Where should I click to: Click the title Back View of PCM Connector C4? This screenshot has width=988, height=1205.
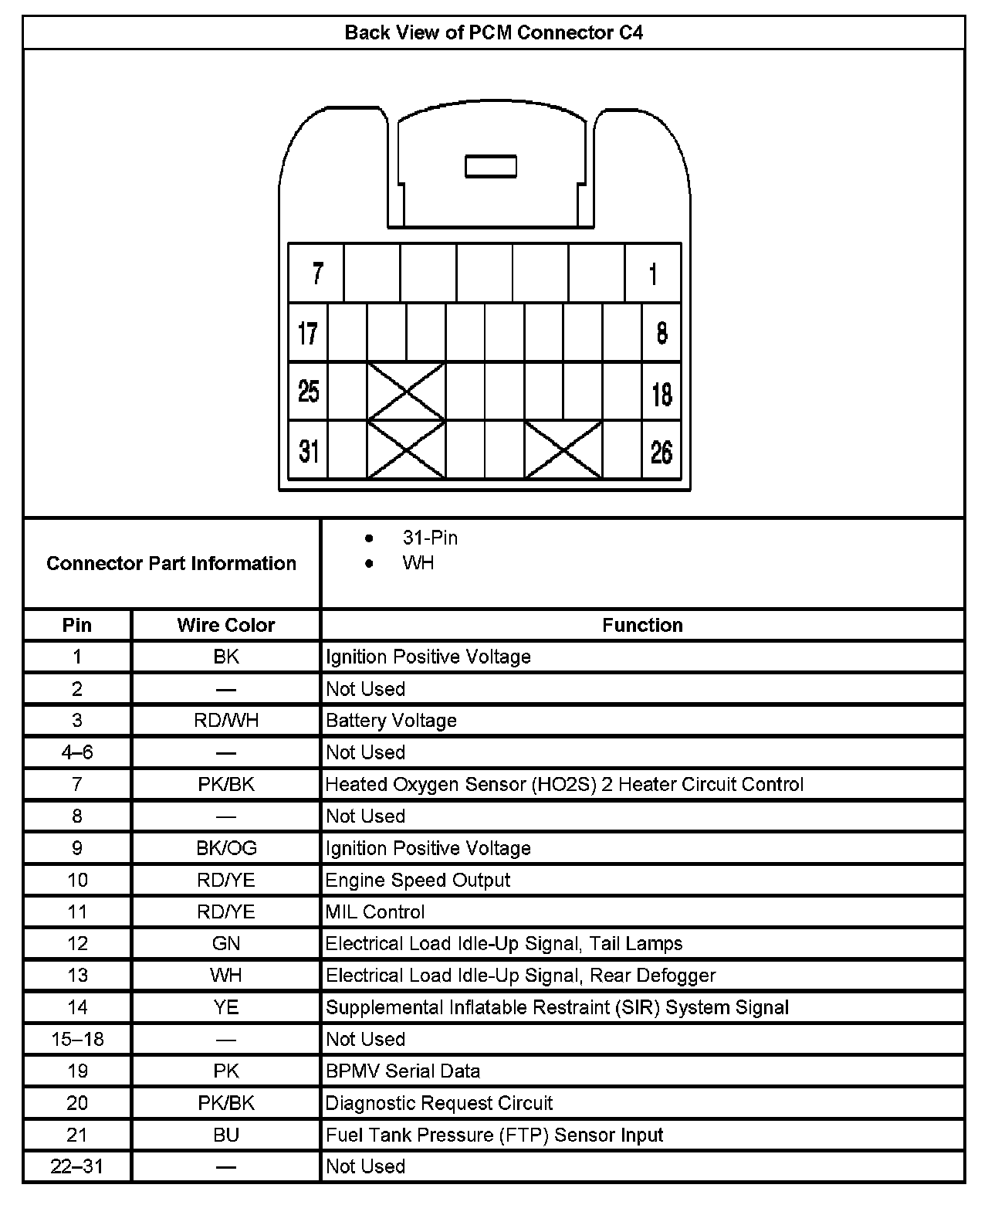(x=493, y=32)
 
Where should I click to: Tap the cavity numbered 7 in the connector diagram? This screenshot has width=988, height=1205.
(x=316, y=273)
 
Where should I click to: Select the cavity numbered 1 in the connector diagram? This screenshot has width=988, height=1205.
(x=653, y=273)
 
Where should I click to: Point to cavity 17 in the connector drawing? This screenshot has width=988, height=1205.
(x=308, y=333)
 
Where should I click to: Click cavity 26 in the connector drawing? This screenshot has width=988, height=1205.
(x=661, y=451)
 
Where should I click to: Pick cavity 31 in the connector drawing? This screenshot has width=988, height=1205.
(x=308, y=450)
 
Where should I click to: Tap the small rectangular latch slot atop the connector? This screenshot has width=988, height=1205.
(x=491, y=167)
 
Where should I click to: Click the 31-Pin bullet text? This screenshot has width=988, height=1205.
(x=430, y=538)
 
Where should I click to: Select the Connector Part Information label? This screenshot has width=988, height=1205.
(x=171, y=563)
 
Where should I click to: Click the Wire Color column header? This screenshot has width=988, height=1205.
(x=226, y=625)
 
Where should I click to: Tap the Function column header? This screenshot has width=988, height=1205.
(x=642, y=625)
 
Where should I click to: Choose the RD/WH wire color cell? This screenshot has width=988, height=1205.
(x=226, y=721)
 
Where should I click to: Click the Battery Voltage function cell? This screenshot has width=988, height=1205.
(x=391, y=721)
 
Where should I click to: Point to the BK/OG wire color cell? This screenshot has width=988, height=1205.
(x=226, y=848)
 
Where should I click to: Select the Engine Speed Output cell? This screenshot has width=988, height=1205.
(x=418, y=880)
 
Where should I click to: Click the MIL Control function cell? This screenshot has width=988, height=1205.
(x=375, y=911)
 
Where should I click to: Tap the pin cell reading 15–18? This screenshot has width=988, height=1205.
(x=77, y=1039)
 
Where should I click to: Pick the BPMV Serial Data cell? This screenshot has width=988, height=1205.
(x=403, y=1071)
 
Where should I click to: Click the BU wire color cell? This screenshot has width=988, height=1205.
(x=226, y=1135)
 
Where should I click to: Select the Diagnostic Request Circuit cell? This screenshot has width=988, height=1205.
(x=439, y=1103)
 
